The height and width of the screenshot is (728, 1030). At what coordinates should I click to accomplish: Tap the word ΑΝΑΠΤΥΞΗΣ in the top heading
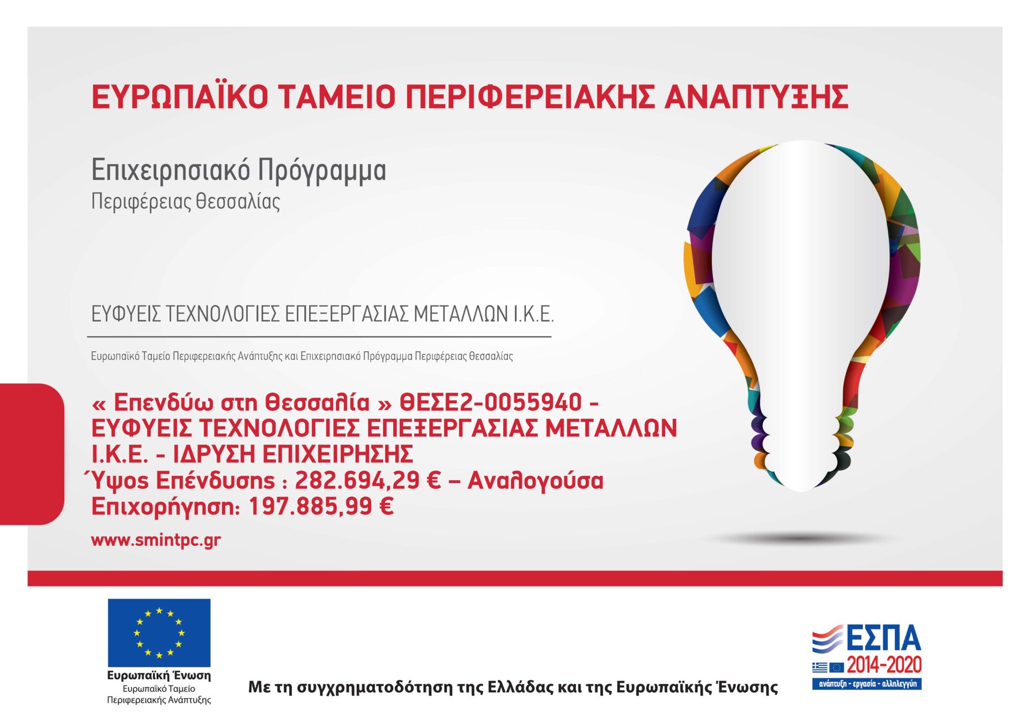(x=756, y=97)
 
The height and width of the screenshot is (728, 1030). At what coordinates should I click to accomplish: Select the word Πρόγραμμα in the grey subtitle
(x=322, y=171)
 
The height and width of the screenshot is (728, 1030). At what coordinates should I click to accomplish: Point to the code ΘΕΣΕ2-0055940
(x=491, y=402)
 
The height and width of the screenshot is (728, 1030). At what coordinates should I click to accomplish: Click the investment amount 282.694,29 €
(x=367, y=480)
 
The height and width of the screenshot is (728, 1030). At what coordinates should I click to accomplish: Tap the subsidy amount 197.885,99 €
(x=321, y=506)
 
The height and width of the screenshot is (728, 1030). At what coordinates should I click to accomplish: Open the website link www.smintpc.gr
(x=156, y=540)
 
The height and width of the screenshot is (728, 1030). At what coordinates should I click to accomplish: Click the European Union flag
(x=159, y=633)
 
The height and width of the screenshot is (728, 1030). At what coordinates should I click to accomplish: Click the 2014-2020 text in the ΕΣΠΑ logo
(x=884, y=665)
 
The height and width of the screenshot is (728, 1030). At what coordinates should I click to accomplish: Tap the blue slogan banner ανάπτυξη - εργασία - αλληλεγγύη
(x=867, y=684)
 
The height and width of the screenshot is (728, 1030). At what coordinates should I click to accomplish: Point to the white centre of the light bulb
(x=800, y=268)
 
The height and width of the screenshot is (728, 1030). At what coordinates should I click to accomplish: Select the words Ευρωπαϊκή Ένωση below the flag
(x=159, y=675)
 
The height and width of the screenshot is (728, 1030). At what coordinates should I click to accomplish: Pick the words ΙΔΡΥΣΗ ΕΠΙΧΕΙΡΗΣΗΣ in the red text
(x=293, y=454)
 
